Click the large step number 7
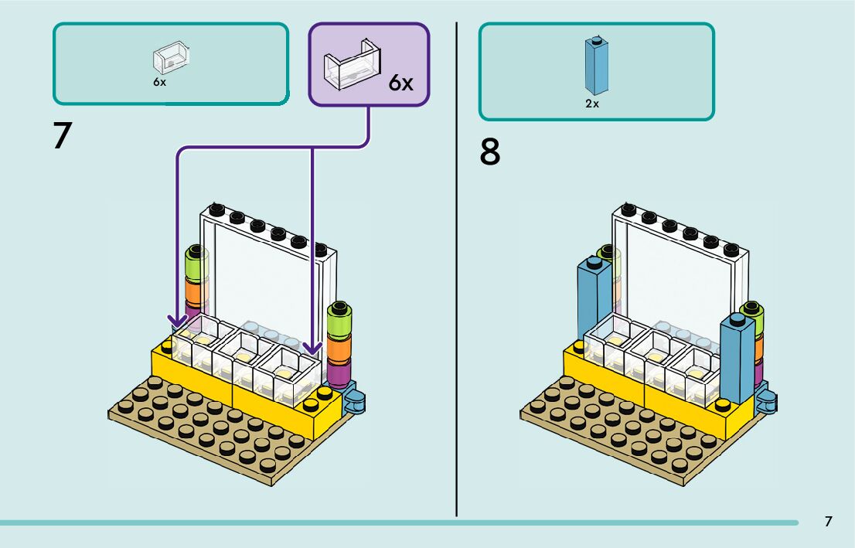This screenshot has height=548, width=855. coord(62,136)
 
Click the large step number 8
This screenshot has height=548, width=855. coord(490,152)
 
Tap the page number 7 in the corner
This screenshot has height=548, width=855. coord(828,522)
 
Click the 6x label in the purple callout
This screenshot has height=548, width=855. coord(400,83)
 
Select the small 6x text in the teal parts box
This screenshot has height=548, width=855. coord(159,82)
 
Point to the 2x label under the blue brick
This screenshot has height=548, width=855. coord(592,104)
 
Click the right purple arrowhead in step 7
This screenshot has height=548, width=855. coord(312,349)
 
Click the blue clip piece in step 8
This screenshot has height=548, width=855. coord(767,397)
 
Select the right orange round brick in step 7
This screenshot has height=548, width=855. coord(339,348)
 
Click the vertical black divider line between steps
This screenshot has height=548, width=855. coord(457,271)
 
